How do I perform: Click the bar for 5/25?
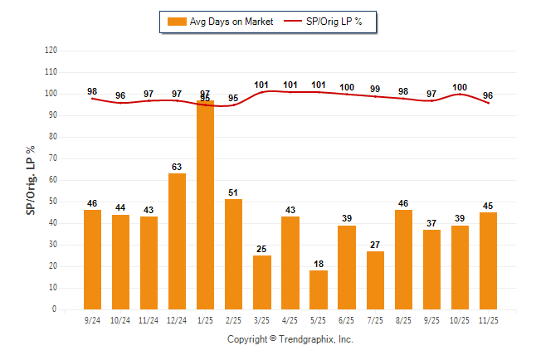(319, 289)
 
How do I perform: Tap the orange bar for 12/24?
(177, 241)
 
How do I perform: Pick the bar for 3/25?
(262, 282)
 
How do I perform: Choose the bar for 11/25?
(488, 260)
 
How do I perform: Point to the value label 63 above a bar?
(177, 167)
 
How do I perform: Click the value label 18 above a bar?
(319, 264)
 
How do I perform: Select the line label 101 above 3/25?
(262, 84)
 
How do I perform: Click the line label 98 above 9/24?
(92, 91)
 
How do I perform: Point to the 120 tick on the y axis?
(51, 51)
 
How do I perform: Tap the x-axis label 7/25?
(375, 319)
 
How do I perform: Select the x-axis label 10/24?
(120, 319)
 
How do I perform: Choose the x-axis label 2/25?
(234, 319)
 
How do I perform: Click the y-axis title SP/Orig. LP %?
(31, 178)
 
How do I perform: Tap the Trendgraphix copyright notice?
(290, 339)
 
